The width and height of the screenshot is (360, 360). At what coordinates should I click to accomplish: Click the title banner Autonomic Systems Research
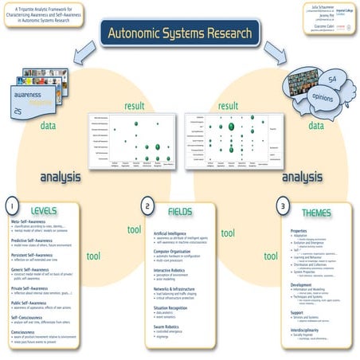click(x=179, y=36)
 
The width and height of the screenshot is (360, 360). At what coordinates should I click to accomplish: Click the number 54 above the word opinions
click(x=332, y=75)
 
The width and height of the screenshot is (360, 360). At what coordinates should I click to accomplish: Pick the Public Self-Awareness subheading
click(x=29, y=303)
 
